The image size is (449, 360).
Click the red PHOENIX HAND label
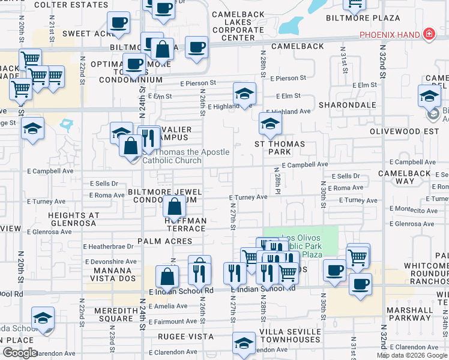390,35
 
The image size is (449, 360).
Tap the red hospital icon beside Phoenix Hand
429,34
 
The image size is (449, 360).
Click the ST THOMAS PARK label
280,148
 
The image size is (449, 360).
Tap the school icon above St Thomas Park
270,125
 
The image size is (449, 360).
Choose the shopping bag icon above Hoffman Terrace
174,208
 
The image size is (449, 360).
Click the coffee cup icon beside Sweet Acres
119,23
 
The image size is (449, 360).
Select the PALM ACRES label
164,241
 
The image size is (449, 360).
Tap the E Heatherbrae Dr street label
108,247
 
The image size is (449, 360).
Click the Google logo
20,353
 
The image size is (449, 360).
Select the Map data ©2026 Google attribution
412,355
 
